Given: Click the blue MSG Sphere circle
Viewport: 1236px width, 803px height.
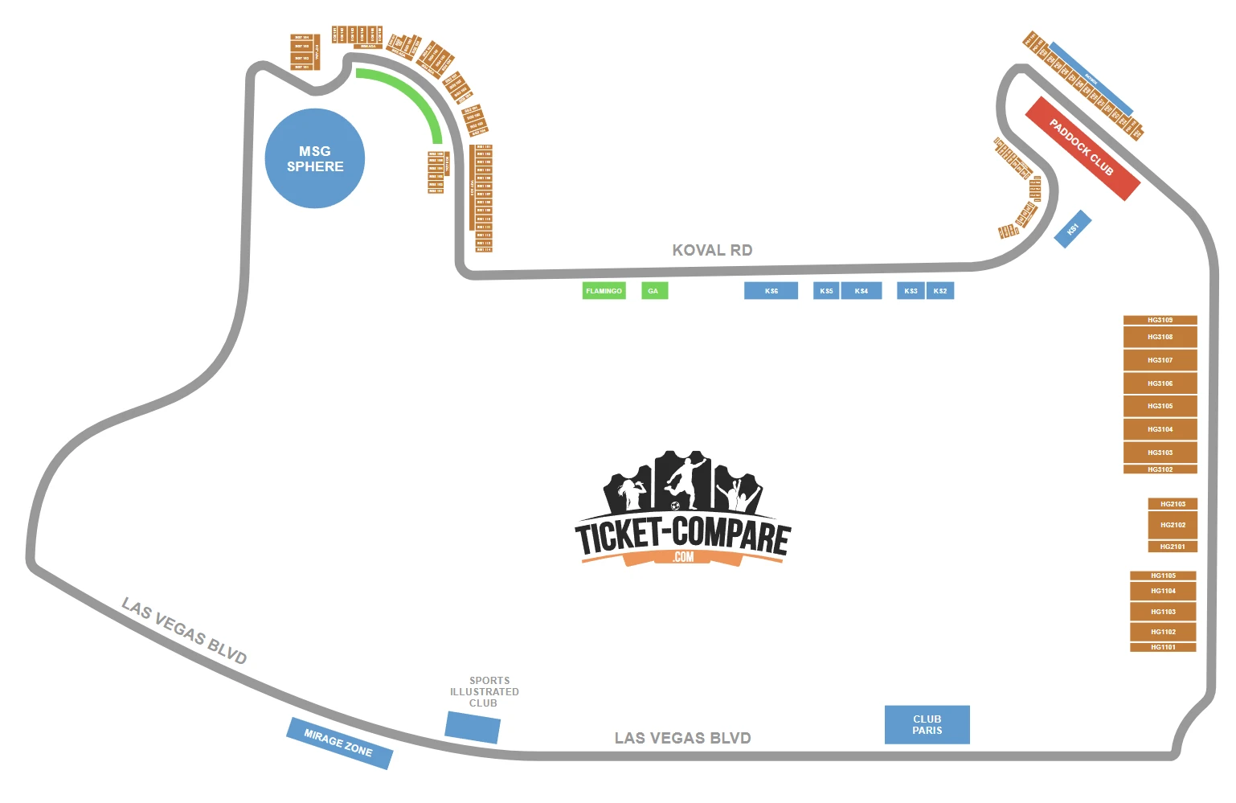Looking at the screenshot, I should pyautogui.click(x=315, y=158).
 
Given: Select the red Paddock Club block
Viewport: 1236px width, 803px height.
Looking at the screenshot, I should pyautogui.click(x=1083, y=148).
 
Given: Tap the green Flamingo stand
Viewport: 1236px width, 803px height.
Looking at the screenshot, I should pyautogui.click(x=604, y=291).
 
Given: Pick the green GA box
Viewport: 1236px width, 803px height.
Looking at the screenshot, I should pyautogui.click(x=654, y=291).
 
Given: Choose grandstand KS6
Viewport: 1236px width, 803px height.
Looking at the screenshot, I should pyautogui.click(x=771, y=291).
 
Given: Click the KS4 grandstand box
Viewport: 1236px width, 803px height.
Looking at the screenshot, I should pyautogui.click(x=861, y=291).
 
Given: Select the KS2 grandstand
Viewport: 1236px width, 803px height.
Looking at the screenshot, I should pyautogui.click(x=940, y=291).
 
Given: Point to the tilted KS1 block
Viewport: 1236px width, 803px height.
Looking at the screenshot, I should pyautogui.click(x=1073, y=229).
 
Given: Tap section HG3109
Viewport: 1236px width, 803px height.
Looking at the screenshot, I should pyautogui.click(x=1160, y=320).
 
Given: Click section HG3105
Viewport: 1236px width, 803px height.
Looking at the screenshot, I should pyautogui.click(x=1160, y=406).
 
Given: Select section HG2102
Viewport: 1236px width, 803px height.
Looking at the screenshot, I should pyautogui.click(x=1173, y=525).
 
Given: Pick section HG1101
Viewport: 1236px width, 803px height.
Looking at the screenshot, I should pyautogui.click(x=1163, y=647).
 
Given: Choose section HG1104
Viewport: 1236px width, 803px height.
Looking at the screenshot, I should pyautogui.click(x=1163, y=591).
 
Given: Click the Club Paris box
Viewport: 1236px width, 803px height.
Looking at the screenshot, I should pyautogui.click(x=927, y=724).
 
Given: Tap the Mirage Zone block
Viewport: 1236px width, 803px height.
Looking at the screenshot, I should pyautogui.click(x=339, y=743).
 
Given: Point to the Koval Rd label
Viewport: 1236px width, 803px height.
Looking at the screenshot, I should pyautogui.click(x=712, y=250).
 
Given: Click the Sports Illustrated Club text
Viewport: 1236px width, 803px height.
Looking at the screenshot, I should pyautogui.click(x=485, y=691).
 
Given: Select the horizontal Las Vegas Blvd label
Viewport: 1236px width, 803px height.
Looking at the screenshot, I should pyautogui.click(x=682, y=738).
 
